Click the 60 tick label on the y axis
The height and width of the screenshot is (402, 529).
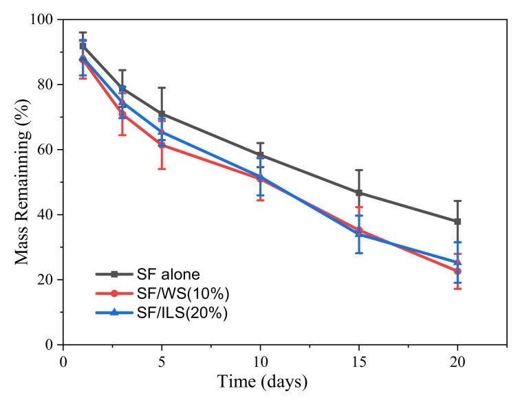click(47, 150)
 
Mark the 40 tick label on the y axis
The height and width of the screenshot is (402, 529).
click(47, 215)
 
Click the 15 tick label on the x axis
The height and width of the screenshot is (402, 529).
click(358, 359)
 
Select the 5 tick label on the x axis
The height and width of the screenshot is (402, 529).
click(162, 359)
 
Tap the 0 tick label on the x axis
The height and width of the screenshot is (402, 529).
click(63, 359)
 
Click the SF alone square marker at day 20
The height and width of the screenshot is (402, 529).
click(457, 221)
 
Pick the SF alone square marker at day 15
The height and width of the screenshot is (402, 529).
click(358, 192)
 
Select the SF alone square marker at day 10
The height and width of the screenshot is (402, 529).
click(260, 155)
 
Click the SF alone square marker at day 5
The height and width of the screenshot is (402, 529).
click(162, 114)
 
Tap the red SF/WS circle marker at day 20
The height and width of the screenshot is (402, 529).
click(457, 271)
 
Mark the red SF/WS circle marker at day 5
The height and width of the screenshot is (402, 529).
click(162, 145)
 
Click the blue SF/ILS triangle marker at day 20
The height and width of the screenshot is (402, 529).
click(457, 262)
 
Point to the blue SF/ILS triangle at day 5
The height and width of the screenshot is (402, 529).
click(162, 132)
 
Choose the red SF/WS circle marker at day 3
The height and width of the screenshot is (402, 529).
click(122, 114)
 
